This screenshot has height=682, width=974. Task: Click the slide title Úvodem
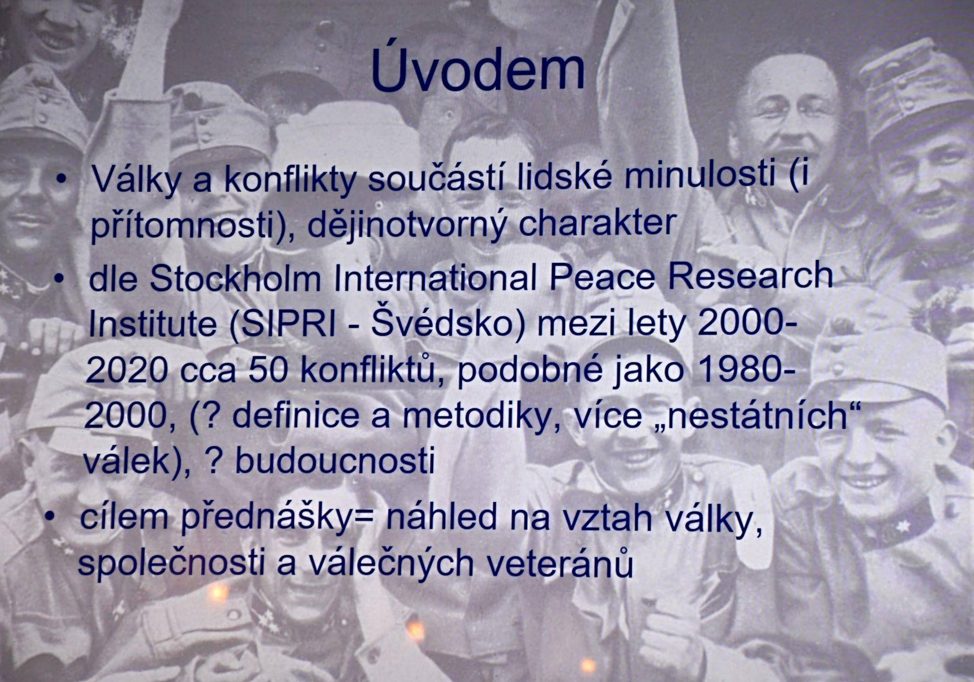point(478,70)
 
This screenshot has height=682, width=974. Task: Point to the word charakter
point(597,223)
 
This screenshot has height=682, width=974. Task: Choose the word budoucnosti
point(335,460)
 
